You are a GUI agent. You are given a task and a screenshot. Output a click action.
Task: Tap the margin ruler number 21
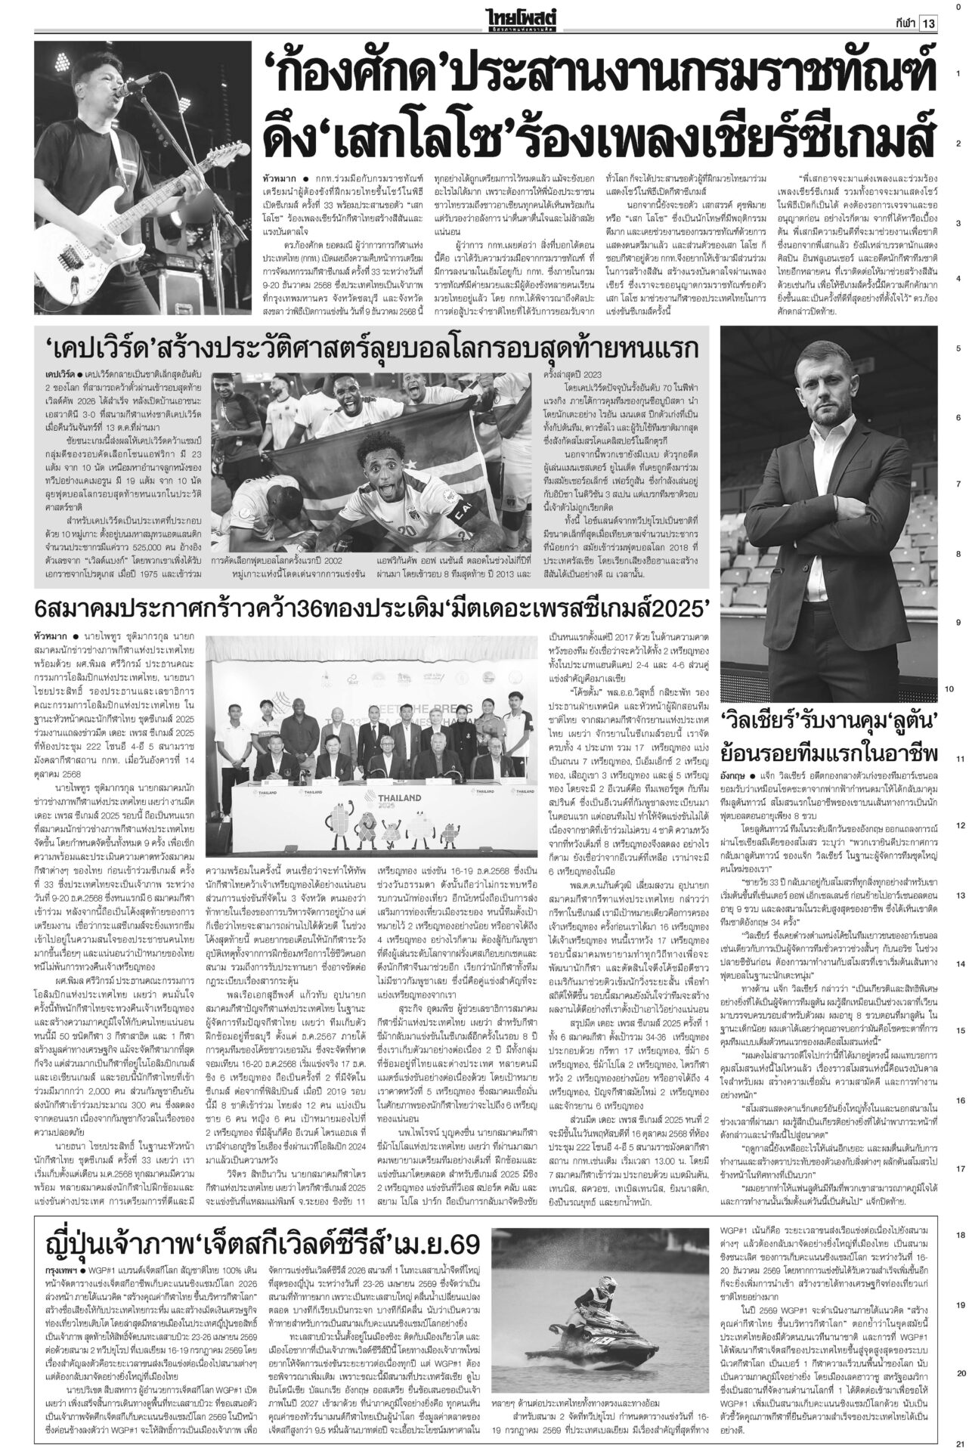tap(958, 1440)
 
